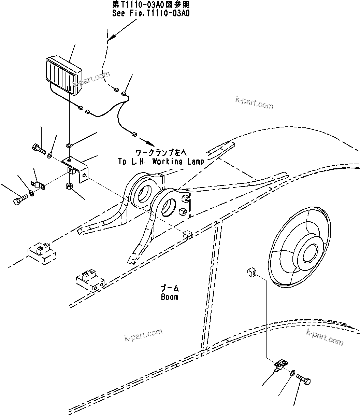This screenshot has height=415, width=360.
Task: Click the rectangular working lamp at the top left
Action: click(64, 74)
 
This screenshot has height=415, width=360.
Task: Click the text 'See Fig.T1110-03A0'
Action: click(151, 13)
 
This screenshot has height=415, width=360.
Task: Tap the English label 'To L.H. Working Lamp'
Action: click(161, 162)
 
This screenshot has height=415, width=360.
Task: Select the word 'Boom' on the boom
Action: click(170, 297)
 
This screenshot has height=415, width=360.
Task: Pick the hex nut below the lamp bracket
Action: click(68, 186)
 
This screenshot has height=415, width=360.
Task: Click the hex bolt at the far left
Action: click(20, 199)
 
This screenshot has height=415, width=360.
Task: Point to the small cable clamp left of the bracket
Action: click(38, 185)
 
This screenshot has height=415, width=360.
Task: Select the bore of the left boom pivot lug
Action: click(142, 193)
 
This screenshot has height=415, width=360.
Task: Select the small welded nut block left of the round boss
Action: click(252, 272)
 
